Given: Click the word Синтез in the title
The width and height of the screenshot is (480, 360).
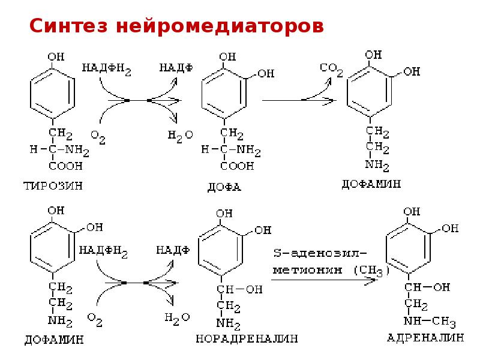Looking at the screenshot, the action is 68,26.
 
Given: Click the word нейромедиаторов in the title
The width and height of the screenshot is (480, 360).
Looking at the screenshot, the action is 220,26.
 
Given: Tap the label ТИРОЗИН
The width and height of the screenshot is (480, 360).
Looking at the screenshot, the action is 53,186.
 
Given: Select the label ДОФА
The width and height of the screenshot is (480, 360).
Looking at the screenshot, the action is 224,187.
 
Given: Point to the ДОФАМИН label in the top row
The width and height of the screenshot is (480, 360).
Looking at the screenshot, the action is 371,184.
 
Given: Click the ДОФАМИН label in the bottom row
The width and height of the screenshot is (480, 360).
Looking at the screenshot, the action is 54,340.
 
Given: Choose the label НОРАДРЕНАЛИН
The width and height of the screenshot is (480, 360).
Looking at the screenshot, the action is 247,338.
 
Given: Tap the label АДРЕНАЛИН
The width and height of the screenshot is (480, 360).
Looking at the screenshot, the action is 425,338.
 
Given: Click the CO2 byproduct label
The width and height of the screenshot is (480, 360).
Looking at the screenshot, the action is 331,70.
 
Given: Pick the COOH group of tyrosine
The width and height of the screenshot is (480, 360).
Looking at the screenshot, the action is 65,166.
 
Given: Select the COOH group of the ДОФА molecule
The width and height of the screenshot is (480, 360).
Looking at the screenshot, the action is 237,166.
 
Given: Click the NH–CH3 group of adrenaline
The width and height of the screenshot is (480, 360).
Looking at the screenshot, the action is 430,322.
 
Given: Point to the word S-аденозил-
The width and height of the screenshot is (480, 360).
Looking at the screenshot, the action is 320,253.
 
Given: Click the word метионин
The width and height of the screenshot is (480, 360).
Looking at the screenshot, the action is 307,270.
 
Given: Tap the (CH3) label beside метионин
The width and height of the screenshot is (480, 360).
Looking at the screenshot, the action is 371,271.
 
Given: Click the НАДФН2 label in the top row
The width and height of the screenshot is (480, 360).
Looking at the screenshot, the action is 106,69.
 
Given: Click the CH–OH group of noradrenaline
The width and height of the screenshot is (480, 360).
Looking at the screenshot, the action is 239,289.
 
